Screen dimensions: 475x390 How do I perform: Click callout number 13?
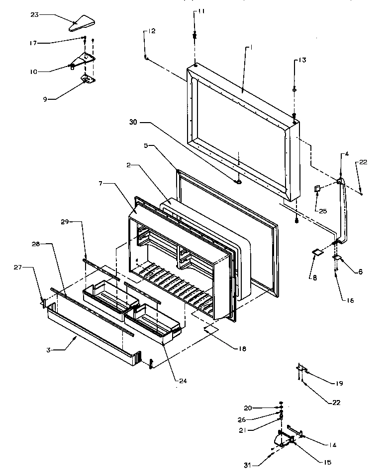[x=301, y=60]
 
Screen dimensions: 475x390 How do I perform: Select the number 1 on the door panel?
[x=251, y=48]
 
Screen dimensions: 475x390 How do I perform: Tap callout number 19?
[x=339, y=383]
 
